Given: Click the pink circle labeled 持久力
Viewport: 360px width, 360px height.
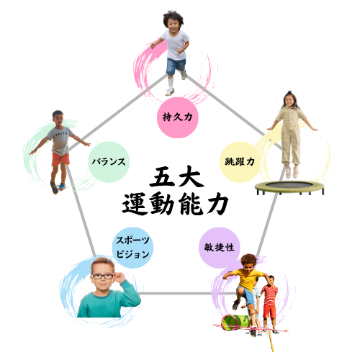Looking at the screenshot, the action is tap(177, 117).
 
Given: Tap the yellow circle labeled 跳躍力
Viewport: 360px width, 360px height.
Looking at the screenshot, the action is tap(240, 162).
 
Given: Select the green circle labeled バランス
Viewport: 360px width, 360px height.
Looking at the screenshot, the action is tap(109, 162).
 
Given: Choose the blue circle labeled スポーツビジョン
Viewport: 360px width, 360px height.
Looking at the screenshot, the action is tap(132, 248).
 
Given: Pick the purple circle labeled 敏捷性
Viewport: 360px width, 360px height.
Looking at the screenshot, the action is tap(220, 248).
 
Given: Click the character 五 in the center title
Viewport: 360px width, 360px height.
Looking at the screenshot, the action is tap(161, 177).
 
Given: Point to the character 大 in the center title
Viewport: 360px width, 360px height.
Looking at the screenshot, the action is tap(192, 176).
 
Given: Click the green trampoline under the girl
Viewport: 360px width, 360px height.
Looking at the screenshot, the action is tap(289, 187).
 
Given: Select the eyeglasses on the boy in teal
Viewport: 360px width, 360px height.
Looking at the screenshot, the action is tap(103, 276).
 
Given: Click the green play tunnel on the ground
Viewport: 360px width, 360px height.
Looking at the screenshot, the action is tap(235, 323).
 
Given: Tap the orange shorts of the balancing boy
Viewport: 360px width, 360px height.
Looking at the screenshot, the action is tap(60, 159).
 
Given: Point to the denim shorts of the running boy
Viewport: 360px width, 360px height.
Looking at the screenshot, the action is tap(176, 66).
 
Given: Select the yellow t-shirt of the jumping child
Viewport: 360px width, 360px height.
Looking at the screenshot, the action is tap(248, 280).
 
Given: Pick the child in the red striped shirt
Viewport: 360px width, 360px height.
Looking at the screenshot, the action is tap(270, 305).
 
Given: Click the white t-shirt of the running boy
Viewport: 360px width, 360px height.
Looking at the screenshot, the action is tap(176, 45).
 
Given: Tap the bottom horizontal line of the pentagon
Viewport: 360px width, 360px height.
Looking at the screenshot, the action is tap(175, 293).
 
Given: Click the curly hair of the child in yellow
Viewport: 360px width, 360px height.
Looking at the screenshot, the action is tap(248, 260).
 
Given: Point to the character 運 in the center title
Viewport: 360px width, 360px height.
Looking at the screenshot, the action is tap(135, 204).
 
